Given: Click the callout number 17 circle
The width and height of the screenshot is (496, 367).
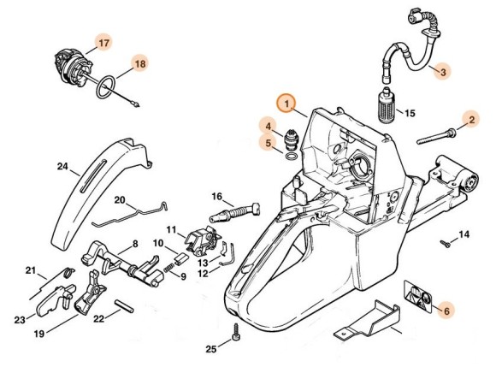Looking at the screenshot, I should click(103, 42).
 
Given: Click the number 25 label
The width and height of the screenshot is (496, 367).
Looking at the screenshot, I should click(211, 348).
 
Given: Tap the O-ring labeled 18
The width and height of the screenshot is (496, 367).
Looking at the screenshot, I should click(107, 86).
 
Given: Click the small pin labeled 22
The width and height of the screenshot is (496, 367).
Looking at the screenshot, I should click(126, 304).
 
